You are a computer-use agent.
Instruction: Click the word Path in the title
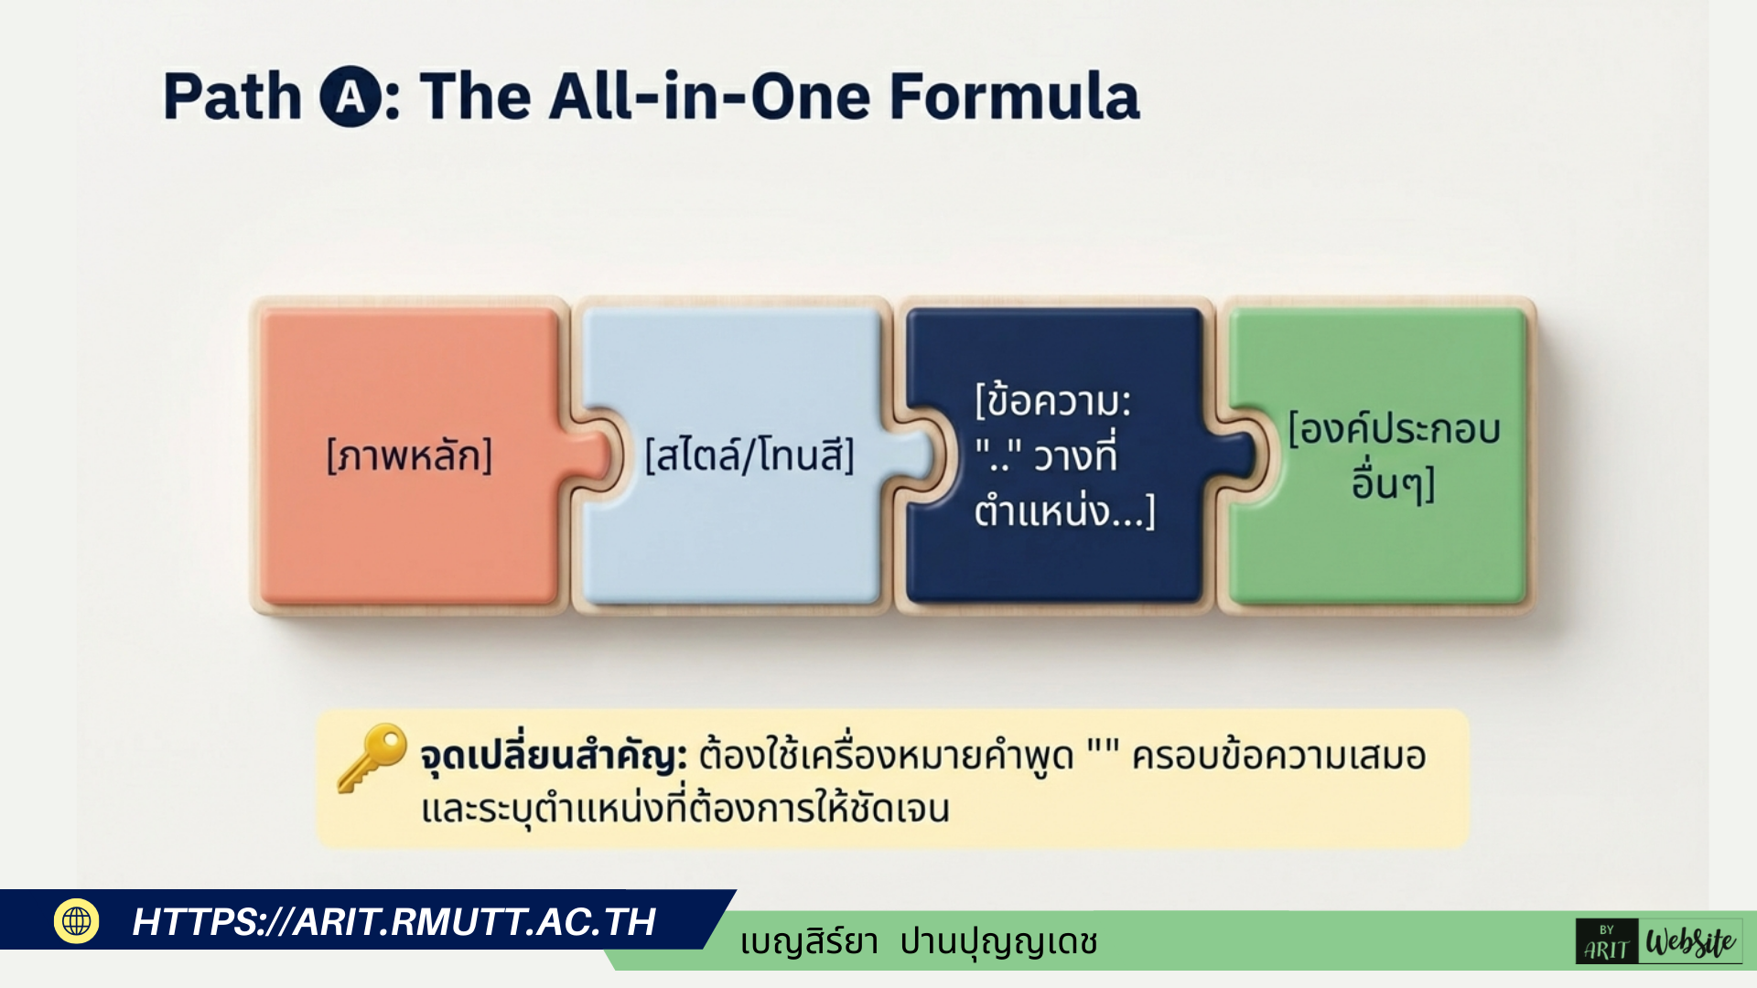(x=232, y=97)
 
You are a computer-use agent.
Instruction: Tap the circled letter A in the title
(x=350, y=97)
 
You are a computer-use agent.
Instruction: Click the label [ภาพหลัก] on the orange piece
(x=409, y=455)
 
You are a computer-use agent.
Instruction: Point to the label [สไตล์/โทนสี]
(x=749, y=455)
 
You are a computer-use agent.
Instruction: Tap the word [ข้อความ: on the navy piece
(x=1053, y=401)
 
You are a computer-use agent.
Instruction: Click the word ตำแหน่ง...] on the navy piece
(x=1064, y=510)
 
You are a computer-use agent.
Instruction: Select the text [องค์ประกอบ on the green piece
(x=1394, y=428)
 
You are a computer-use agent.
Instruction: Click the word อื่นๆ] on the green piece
(x=1393, y=482)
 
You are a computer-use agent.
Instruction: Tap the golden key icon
(x=372, y=757)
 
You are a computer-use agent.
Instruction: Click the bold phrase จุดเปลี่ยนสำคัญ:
(x=554, y=757)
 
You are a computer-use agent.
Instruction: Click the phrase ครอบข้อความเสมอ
(x=1279, y=757)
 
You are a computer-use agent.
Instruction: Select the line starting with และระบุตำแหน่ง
(x=685, y=810)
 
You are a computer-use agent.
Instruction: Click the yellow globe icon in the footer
(x=77, y=920)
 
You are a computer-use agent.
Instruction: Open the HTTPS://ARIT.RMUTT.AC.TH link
(x=394, y=921)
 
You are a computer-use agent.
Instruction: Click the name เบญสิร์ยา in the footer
(x=809, y=942)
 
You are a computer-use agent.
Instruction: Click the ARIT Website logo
(x=1658, y=941)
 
